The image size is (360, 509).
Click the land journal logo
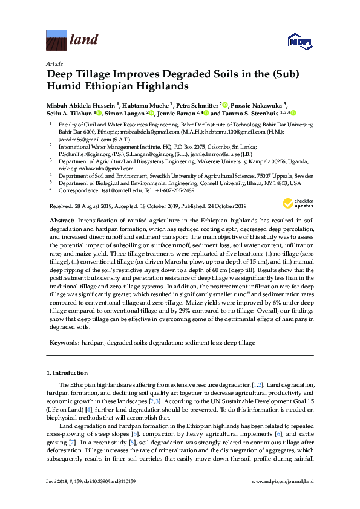[72, 41]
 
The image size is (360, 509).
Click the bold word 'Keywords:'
[64, 343]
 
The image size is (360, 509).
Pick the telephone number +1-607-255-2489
[172, 190]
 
